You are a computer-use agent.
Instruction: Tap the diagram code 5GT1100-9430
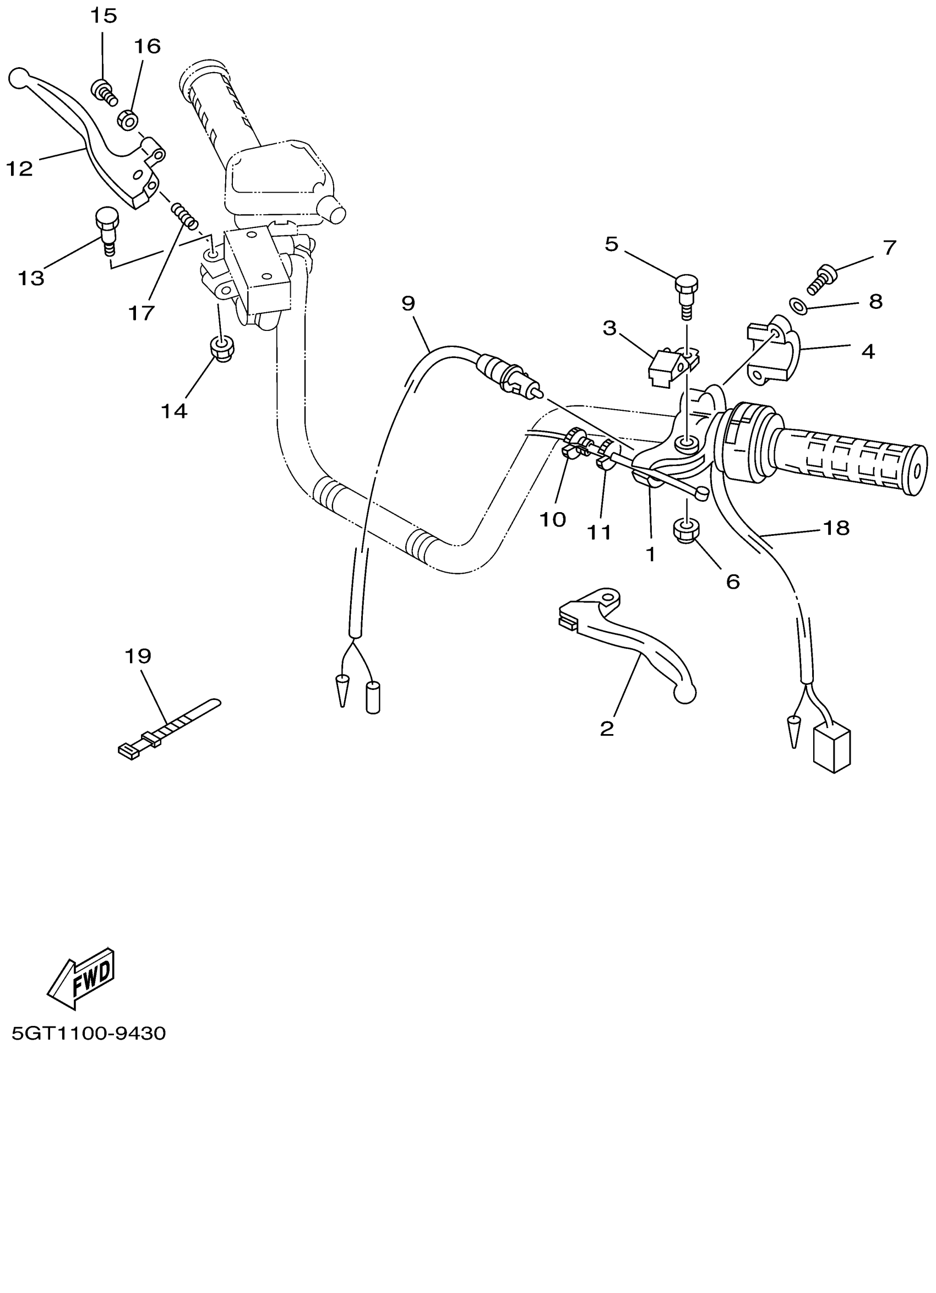point(88,1033)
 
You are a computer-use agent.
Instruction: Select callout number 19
point(138,656)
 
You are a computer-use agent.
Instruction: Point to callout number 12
point(19,168)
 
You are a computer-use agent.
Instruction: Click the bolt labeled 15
point(103,92)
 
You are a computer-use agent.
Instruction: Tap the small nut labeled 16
point(128,121)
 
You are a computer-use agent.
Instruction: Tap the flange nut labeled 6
point(685,529)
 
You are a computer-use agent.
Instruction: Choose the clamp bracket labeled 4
point(774,352)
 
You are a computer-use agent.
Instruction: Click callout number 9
point(408,304)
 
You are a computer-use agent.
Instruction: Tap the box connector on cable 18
point(832,747)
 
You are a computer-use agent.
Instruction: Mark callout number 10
point(552,519)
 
